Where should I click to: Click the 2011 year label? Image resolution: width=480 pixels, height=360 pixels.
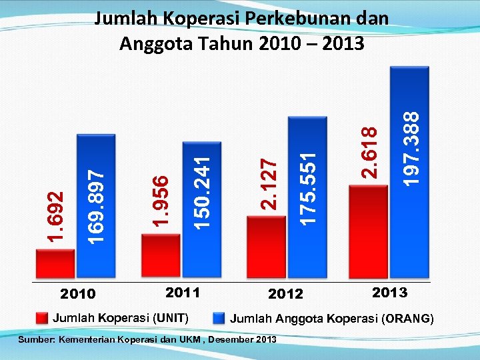[x=182, y=292]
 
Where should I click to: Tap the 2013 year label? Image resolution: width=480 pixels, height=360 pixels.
[x=389, y=292]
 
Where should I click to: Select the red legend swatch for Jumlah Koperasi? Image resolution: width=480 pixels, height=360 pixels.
[x=42, y=317]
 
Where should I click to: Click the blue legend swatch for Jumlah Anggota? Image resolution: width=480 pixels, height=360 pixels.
[x=218, y=318]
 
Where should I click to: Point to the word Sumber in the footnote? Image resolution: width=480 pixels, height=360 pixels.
[x=38, y=340]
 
